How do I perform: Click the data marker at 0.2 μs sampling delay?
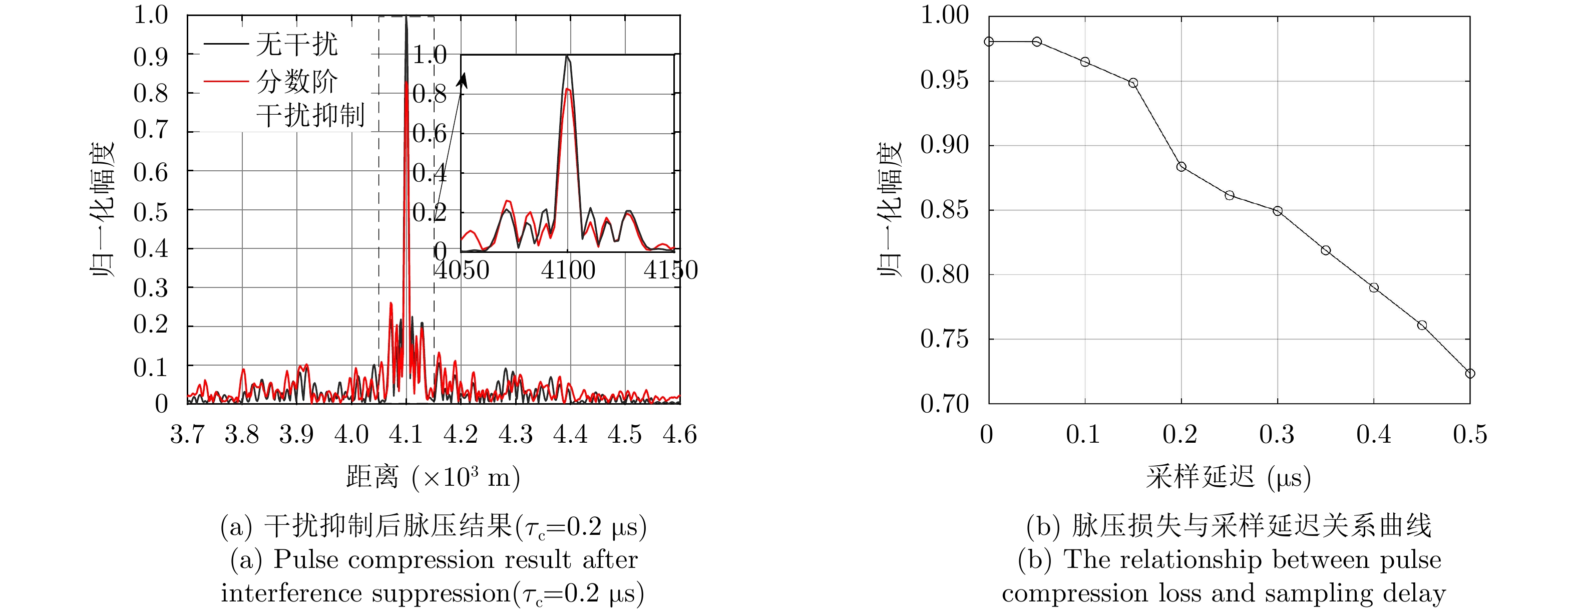[x=1181, y=167]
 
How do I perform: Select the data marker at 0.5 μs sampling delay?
[x=1470, y=374]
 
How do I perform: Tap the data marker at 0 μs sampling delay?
[x=989, y=42]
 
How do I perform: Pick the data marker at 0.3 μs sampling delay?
[x=1278, y=211]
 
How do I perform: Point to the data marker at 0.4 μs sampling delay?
[x=1374, y=288]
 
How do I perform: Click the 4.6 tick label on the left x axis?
[x=679, y=435]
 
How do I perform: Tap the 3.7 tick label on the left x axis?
[x=187, y=435]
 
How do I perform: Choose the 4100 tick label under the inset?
[x=568, y=270]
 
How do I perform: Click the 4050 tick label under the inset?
[x=462, y=270]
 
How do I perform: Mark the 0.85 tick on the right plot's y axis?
[x=945, y=210]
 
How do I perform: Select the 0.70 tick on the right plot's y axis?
[x=945, y=404]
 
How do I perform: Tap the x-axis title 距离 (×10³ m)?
[x=433, y=477]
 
